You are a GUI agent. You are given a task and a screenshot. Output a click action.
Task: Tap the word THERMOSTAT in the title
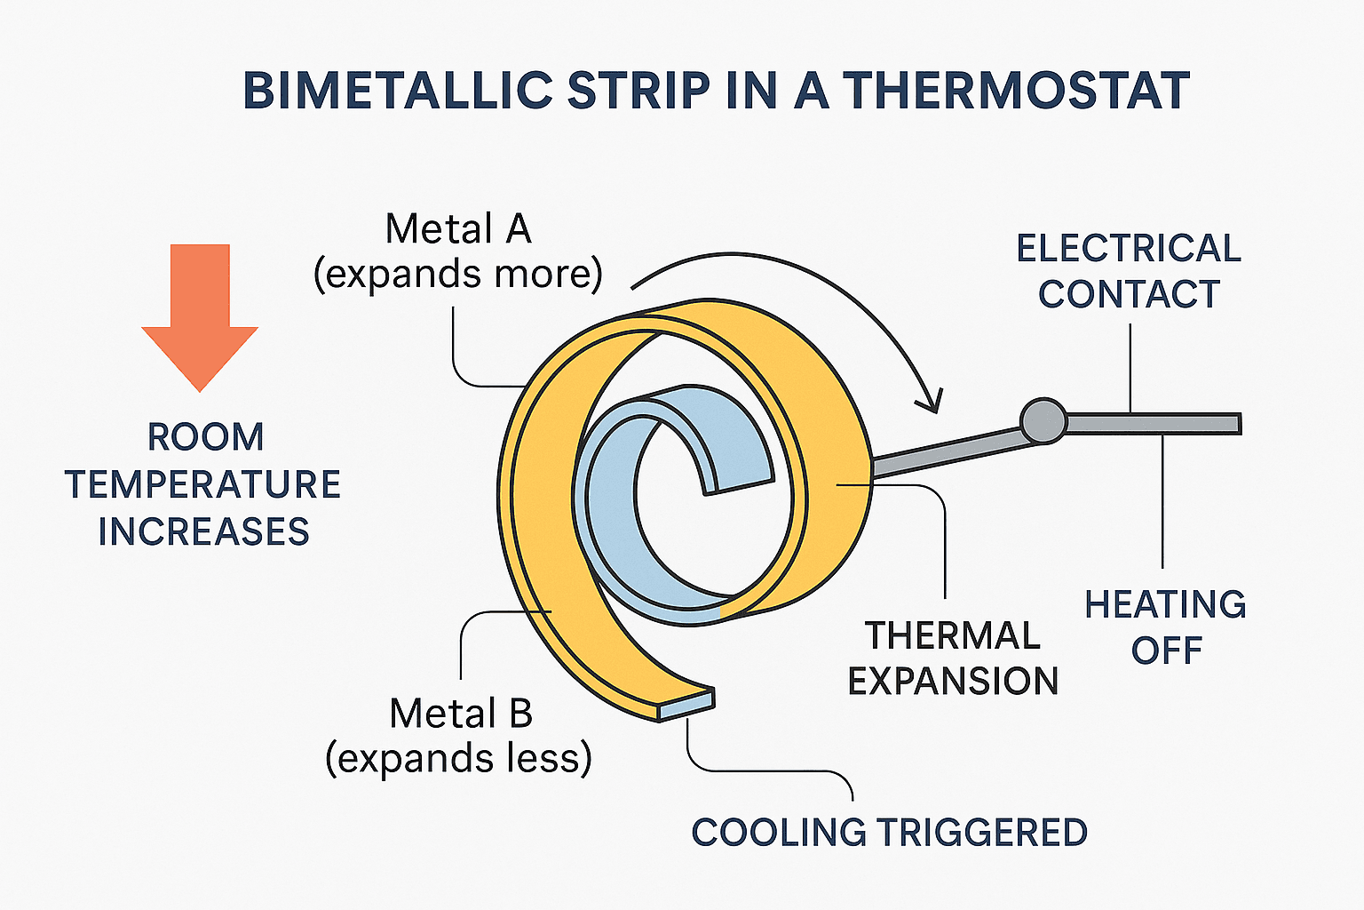(x=1016, y=91)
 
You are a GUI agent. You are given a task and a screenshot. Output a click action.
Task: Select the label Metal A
(x=457, y=229)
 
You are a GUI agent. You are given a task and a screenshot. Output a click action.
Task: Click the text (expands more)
(x=457, y=274)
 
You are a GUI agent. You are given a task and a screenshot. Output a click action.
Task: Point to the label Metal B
(x=460, y=714)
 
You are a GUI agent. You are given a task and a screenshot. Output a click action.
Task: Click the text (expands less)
(x=458, y=759)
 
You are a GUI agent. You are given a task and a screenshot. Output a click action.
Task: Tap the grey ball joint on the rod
(x=1043, y=420)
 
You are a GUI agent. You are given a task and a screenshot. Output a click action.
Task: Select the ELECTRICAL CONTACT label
(x=1129, y=271)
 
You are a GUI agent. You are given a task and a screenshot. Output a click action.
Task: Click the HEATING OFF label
(x=1165, y=627)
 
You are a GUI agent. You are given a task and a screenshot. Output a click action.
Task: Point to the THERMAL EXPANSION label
(x=953, y=659)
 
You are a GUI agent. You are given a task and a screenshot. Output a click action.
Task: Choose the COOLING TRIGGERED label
(x=889, y=833)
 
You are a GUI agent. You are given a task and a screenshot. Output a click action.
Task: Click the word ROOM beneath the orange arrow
(x=205, y=437)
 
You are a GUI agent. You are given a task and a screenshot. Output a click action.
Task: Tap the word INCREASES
(x=203, y=531)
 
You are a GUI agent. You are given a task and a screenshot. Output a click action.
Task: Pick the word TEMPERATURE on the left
(x=202, y=484)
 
